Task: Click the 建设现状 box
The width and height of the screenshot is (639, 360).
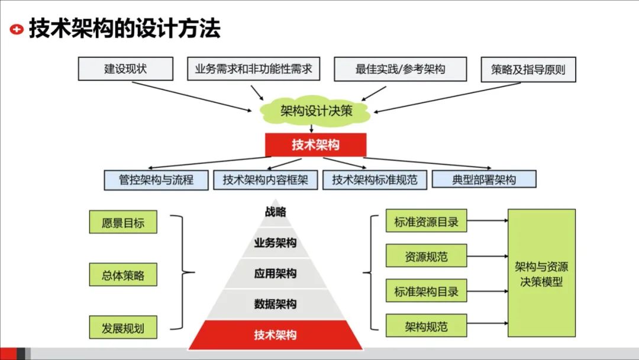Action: (125, 69)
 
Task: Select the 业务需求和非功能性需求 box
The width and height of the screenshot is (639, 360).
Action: (253, 69)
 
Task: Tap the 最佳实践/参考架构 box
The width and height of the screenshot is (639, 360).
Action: (400, 69)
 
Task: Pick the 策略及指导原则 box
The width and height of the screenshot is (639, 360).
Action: (528, 69)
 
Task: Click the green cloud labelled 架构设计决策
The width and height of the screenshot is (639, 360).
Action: (316, 111)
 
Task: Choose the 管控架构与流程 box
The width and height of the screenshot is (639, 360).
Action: (156, 180)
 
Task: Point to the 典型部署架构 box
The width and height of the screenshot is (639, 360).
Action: (484, 179)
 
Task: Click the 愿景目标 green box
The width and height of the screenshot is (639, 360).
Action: (123, 222)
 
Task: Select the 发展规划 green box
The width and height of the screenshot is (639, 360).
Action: (123, 327)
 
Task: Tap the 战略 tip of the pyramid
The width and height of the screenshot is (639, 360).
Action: (275, 212)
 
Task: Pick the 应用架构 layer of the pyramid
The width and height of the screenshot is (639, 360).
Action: (275, 274)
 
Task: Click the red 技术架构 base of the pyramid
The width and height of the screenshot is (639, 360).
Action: (275, 335)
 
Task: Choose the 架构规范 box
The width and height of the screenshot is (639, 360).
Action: (426, 326)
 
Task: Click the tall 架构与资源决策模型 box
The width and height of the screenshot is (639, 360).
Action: (541, 272)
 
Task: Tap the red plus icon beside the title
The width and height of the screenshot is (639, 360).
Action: (17, 28)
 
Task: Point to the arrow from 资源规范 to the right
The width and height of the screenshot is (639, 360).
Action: (487, 256)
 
